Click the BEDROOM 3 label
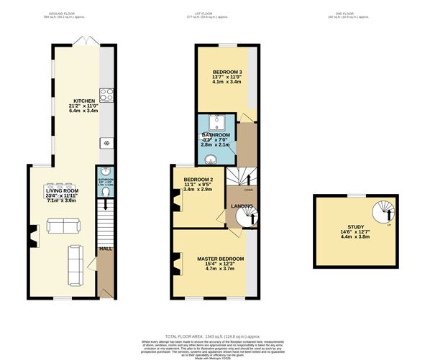pyautogui.click(x=228, y=73)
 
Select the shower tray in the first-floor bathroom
pyautogui.click(x=216, y=121)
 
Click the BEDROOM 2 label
pyautogui.click(x=198, y=179)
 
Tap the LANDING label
pyautogui.click(x=242, y=207)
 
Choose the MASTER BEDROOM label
pyautogui.click(x=219, y=259)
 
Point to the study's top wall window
pyautogui.click(x=355, y=195)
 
